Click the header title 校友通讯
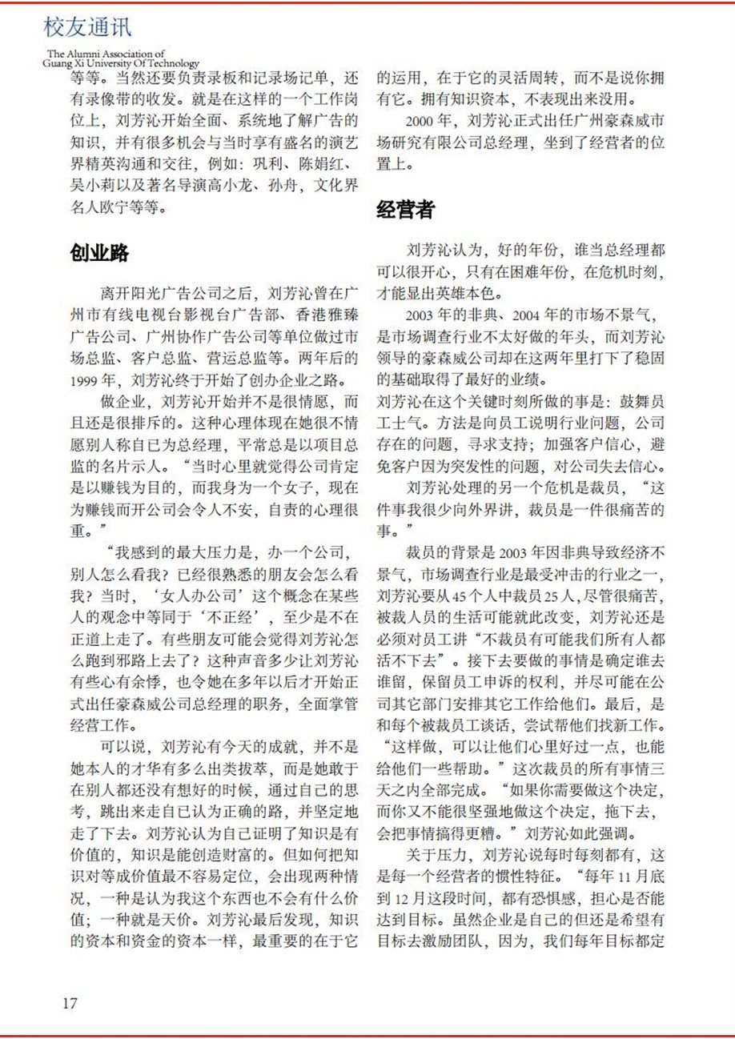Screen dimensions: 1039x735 88,30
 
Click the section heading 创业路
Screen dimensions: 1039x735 99,252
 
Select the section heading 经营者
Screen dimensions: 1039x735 406,209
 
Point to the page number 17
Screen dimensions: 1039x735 70,1002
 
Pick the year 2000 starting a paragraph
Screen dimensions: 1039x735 420,122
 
